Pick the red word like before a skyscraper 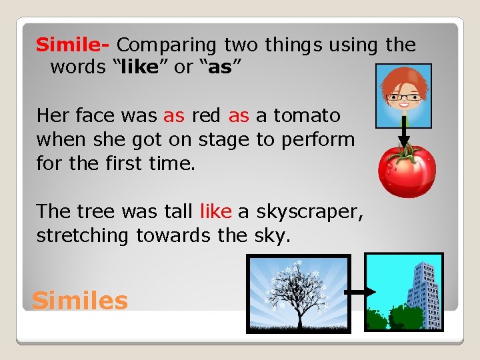(215, 211)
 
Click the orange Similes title (80, 301)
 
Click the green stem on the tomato (402, 151)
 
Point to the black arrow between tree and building (353, 291)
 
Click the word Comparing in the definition (167, 45)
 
